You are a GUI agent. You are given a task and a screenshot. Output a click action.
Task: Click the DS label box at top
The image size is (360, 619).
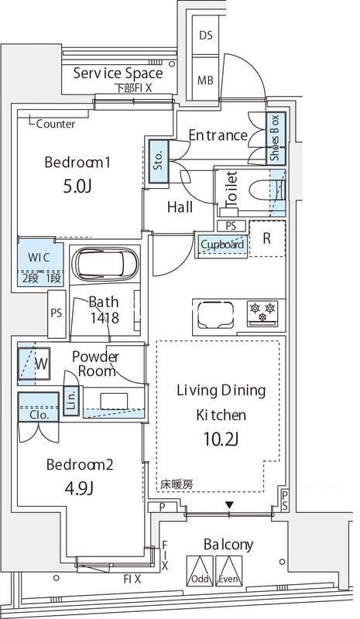click(x=206, y=36)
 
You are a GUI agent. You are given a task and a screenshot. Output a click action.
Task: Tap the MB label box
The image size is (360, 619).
click(x=206, y=80)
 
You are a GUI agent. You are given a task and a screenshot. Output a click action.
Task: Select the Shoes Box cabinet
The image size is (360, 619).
click(x=274, y=139)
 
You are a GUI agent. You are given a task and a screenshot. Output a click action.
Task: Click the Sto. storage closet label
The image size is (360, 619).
click(x=158, y=161)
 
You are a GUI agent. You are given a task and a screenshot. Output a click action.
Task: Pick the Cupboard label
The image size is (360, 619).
click(x=222, y=245)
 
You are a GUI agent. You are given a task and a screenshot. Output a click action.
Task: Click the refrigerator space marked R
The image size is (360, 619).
click(x=266, y=239)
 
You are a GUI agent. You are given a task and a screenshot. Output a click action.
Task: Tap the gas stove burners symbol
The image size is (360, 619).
click(x=264, y=312)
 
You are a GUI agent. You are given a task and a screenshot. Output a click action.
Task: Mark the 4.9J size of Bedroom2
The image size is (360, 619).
click(x=80, y=488)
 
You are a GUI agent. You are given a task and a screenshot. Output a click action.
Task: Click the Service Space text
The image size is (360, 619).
click(x=118, y=74)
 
